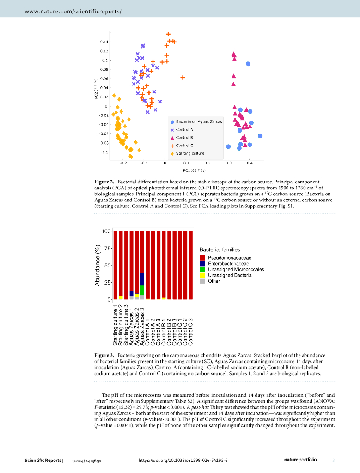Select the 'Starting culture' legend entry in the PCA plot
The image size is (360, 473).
tap(190, 153)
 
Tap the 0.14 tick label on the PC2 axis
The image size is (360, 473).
tap(104, 42)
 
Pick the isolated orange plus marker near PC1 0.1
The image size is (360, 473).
tap(183, 78)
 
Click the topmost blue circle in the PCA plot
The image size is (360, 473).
tap(248, 64)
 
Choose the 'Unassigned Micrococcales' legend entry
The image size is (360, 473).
tap(236, 269)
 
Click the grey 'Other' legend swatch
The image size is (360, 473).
tap(202, 281)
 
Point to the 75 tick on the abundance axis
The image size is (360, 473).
tap(105, 249)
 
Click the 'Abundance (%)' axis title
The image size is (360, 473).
tap(98, 265)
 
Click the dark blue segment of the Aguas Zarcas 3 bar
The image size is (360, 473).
tap(142, 279)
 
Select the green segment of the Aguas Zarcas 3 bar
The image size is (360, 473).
tap(142, 290)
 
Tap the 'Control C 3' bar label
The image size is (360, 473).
tap(190, 332)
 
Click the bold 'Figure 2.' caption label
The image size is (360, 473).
tap(105, 183)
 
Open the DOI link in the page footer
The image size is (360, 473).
tap(183, 461)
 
